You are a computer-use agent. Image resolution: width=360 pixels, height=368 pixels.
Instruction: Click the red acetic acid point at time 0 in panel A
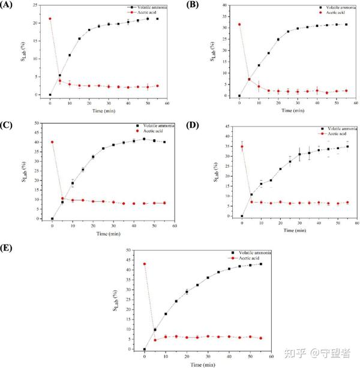pyautogui.click(x=50, y=19)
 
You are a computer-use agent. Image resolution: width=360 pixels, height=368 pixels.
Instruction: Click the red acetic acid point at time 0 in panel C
pyautogui.click(x=53, y=142)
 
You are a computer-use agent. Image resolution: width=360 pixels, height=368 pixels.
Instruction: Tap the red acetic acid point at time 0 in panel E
pyautogui.click(x=145, y=264)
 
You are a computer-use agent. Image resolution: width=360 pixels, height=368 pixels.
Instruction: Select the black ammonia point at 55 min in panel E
pyautogui.click(x=261, y=264)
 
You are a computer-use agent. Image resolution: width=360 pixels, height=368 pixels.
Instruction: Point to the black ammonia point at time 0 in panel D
pyautogui.click(x=242, y=216)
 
